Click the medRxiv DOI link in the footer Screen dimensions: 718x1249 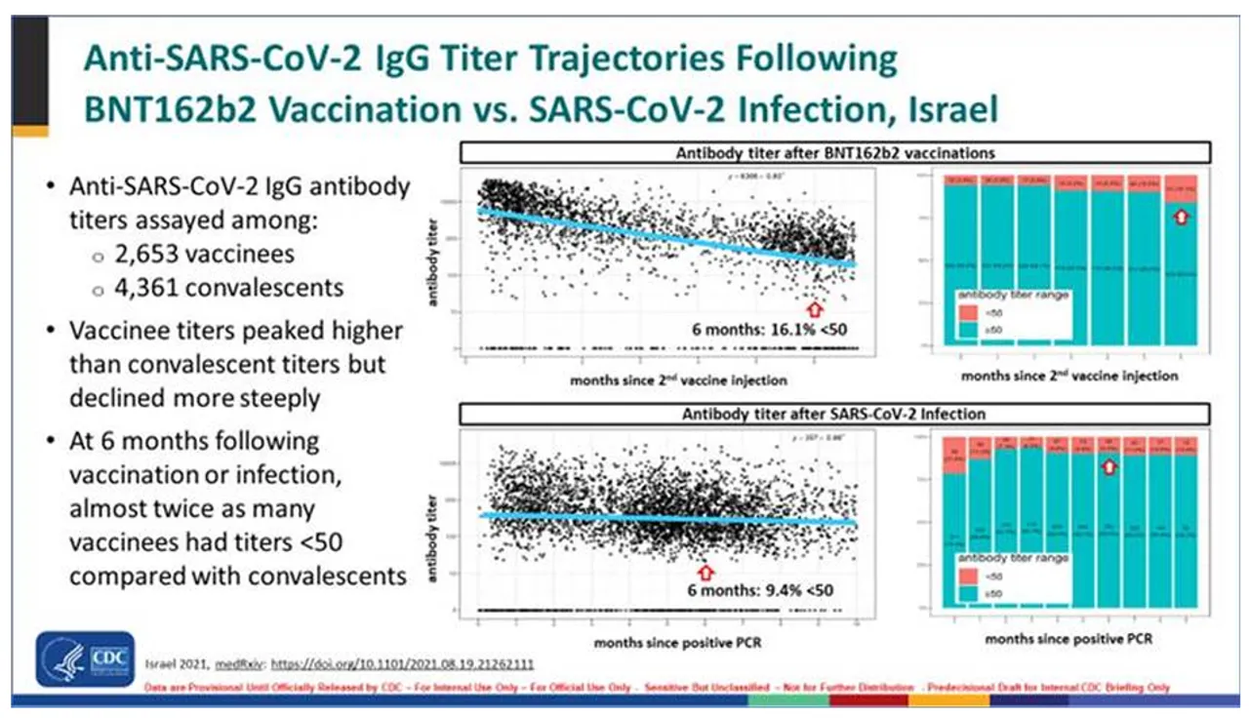401,663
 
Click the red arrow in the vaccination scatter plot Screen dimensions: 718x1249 817,308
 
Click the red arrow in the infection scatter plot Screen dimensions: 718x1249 705,569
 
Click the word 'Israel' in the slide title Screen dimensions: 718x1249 941,107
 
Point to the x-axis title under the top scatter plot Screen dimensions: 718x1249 678,379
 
